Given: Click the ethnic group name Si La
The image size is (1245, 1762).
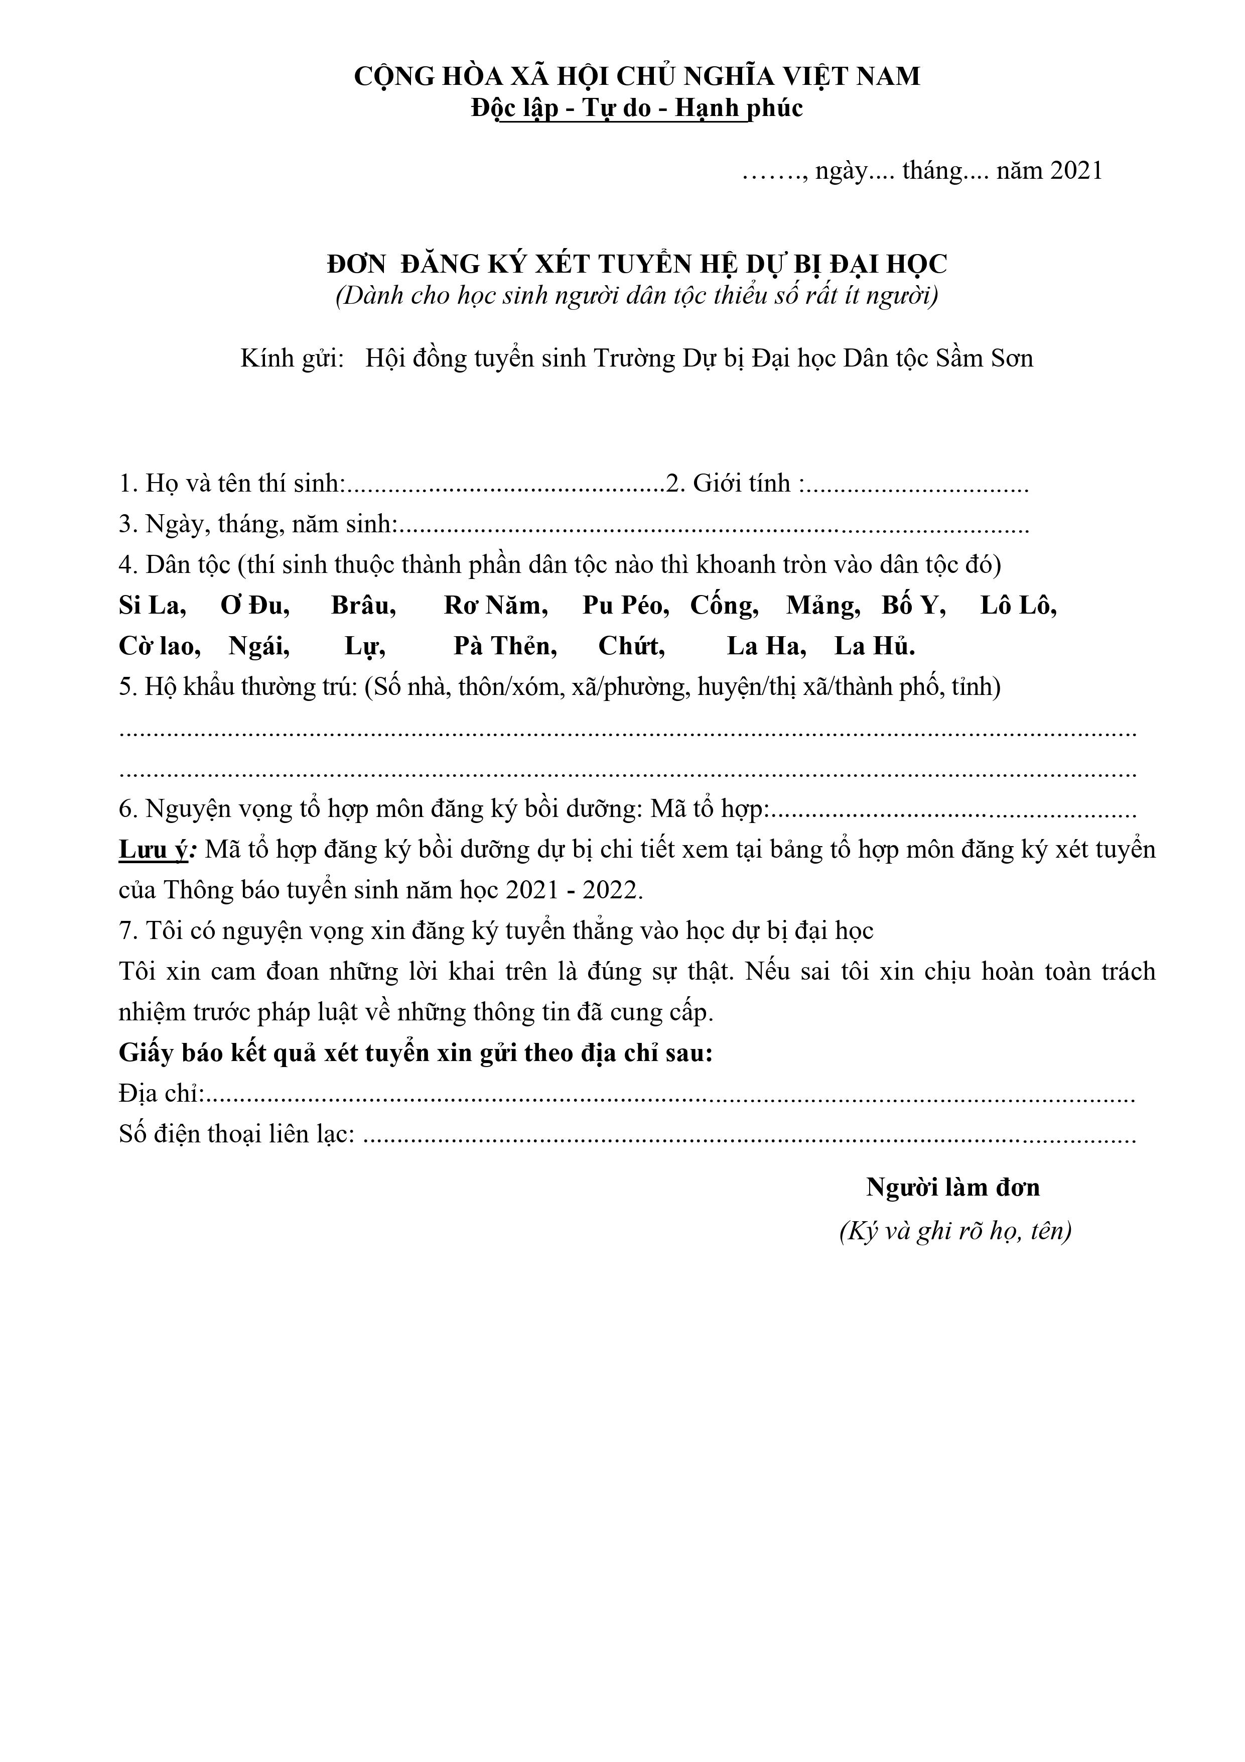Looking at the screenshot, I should point(151,606).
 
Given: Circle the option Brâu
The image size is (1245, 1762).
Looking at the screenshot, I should point(362,606).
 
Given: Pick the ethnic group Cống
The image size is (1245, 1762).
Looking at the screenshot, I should point(724,606).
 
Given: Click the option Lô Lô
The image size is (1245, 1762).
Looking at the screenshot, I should point(1017,606).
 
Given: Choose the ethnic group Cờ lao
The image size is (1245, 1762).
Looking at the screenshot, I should point(159,646).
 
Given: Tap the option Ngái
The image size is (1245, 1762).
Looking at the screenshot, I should point(258,646).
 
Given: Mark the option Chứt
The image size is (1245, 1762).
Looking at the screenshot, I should point(631,646).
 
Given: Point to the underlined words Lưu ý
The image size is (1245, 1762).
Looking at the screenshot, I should point(153,850).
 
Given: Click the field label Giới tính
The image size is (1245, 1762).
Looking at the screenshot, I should point(741,484).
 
